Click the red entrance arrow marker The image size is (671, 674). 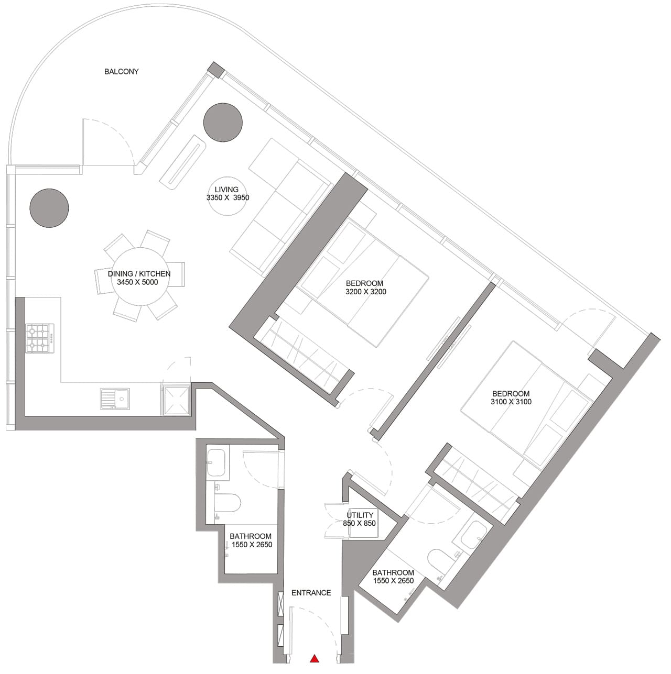coord(315,659)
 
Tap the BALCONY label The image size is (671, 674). coord(121,71)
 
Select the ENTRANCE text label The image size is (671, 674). coord(311,593)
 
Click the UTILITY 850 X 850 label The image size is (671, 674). coord(360,519)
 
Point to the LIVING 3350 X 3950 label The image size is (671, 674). coord(227,194)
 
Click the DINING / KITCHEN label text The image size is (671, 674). coord(139,278)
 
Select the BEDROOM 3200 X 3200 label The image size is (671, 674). coord(365,288)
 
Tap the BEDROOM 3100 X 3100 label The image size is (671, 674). coord(511,397)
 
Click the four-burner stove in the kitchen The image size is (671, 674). coord(38,338)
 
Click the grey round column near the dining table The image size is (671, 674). coord(49,208)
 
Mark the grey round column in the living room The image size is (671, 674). coord(223,122)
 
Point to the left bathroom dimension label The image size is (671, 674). coord(251,540)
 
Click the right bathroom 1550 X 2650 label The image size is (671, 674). coord(393,577)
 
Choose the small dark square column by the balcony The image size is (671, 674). coord(215,69)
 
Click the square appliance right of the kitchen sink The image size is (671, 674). coord(176,400)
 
